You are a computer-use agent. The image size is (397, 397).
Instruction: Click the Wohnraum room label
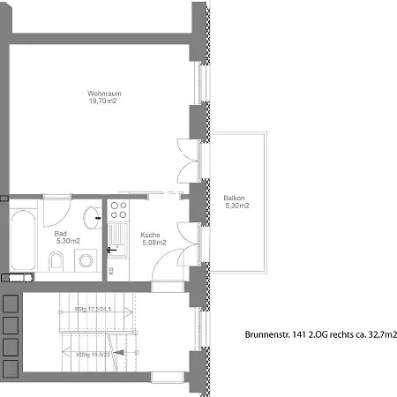[102, 93]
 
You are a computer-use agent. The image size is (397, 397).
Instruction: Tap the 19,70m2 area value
[102, 101]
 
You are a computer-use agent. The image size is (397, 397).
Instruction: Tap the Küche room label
[149, 234]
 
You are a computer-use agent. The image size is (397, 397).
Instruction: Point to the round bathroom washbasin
[91, 214]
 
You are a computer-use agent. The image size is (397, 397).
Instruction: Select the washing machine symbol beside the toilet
[86, 259]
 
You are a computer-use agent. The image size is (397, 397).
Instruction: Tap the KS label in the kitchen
[111, 270]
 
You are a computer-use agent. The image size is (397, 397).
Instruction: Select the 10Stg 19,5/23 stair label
[98, 354]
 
